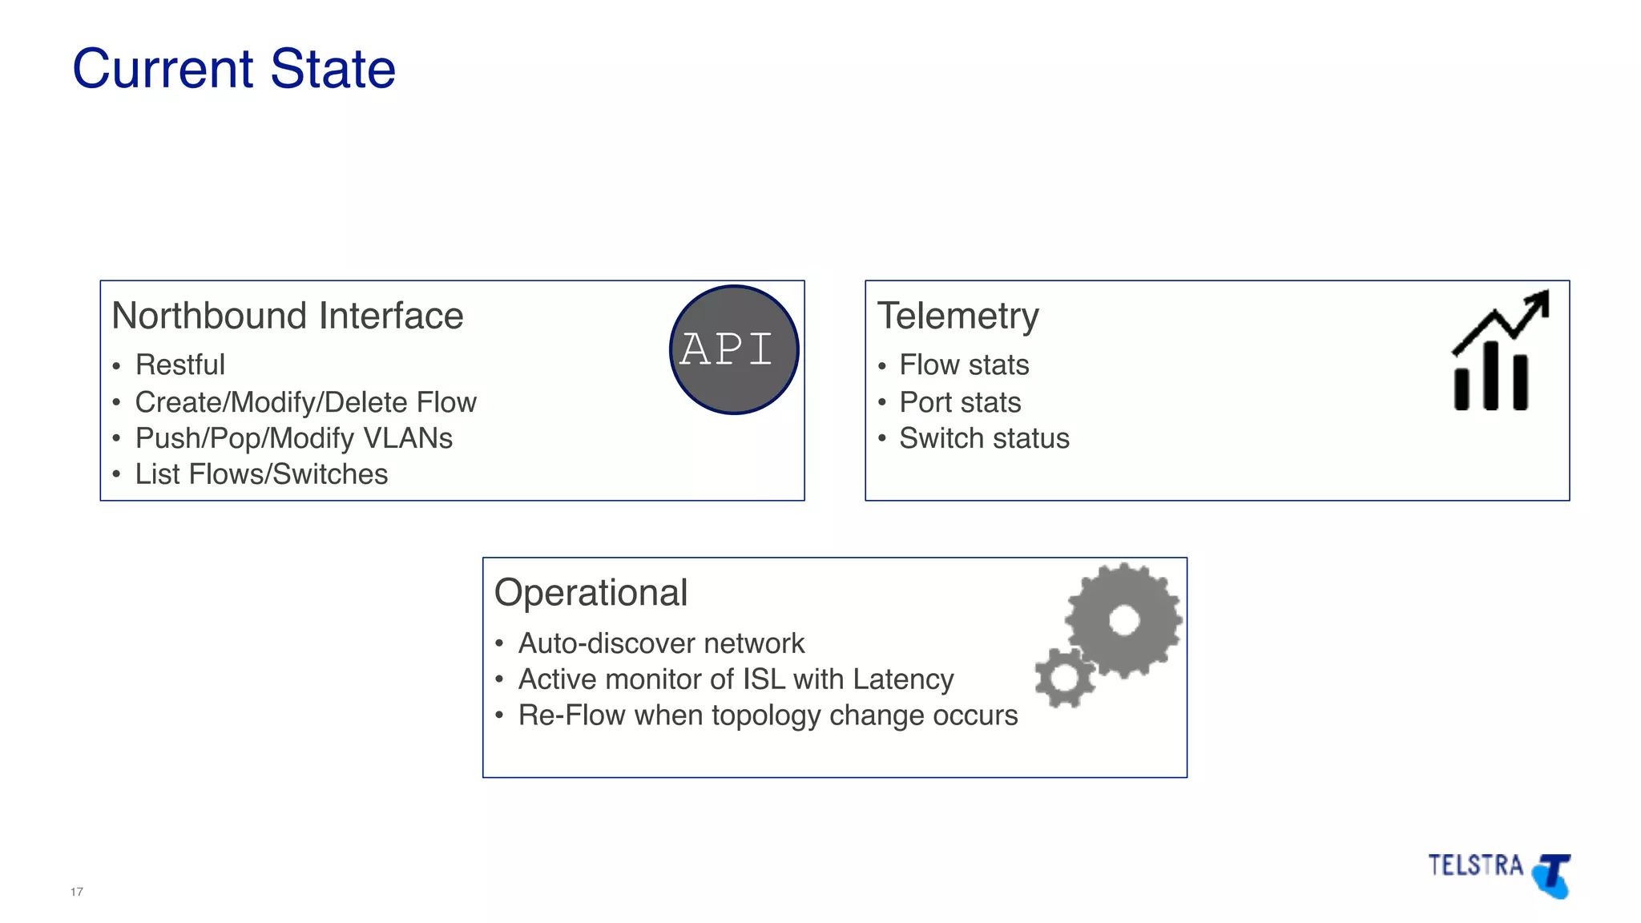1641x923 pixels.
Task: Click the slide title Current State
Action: [234, 69]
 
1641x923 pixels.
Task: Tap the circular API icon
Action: [734, 349]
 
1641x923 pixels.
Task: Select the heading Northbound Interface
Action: [287, 316]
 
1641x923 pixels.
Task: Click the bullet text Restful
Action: [179, 365]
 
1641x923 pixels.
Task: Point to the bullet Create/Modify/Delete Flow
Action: [305, 402]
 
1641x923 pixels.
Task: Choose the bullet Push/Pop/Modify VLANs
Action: [293, 438]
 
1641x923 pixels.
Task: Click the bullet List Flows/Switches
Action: [261, 474]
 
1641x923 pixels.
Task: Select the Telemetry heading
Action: [958, 316]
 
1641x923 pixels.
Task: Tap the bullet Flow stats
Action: [964, 365]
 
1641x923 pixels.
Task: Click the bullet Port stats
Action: [960, 402]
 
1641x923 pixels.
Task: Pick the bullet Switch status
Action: [984, 438]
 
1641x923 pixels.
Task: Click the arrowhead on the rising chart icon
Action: [1539, 302]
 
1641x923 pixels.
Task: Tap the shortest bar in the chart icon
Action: [1462, 389]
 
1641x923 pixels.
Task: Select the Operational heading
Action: [591, 593]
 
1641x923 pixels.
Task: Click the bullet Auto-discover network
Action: [661, 643]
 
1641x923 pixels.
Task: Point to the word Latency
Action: [903, 679]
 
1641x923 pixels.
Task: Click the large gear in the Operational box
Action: [1123, 619]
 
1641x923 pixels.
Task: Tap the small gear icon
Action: [1064, 678]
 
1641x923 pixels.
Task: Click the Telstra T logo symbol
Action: [1553, 875]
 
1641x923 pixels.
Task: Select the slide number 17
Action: [77, 892]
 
